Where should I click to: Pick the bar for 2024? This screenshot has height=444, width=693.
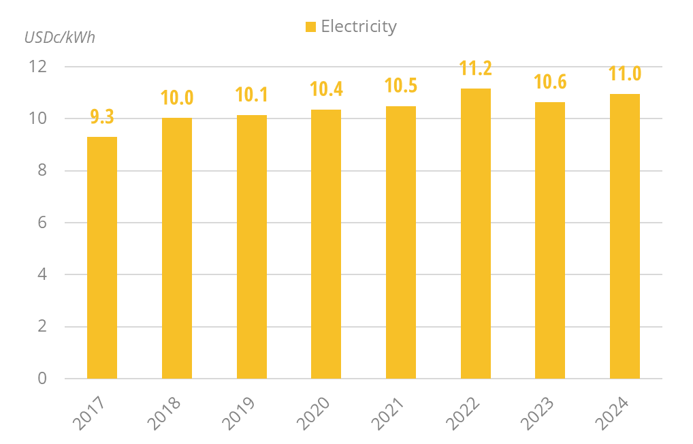tap(624, 236)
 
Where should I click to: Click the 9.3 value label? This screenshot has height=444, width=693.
tap(102, 117)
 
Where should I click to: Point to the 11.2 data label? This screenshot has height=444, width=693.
tap(475, 69)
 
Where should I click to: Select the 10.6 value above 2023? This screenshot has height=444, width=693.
tap(550, 82)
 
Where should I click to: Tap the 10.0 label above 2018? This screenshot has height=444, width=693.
tap(177, 97)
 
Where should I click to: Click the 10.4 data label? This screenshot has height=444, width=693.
tap(326, 89)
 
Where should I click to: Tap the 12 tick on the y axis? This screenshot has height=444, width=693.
tap(37, 67)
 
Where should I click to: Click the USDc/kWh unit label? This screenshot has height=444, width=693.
tap(60, 37)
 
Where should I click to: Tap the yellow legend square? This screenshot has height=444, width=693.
tap(310, 27)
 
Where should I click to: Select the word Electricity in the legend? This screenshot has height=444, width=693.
tap(359, 27)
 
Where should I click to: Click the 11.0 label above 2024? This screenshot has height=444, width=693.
tap(624, 74)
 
